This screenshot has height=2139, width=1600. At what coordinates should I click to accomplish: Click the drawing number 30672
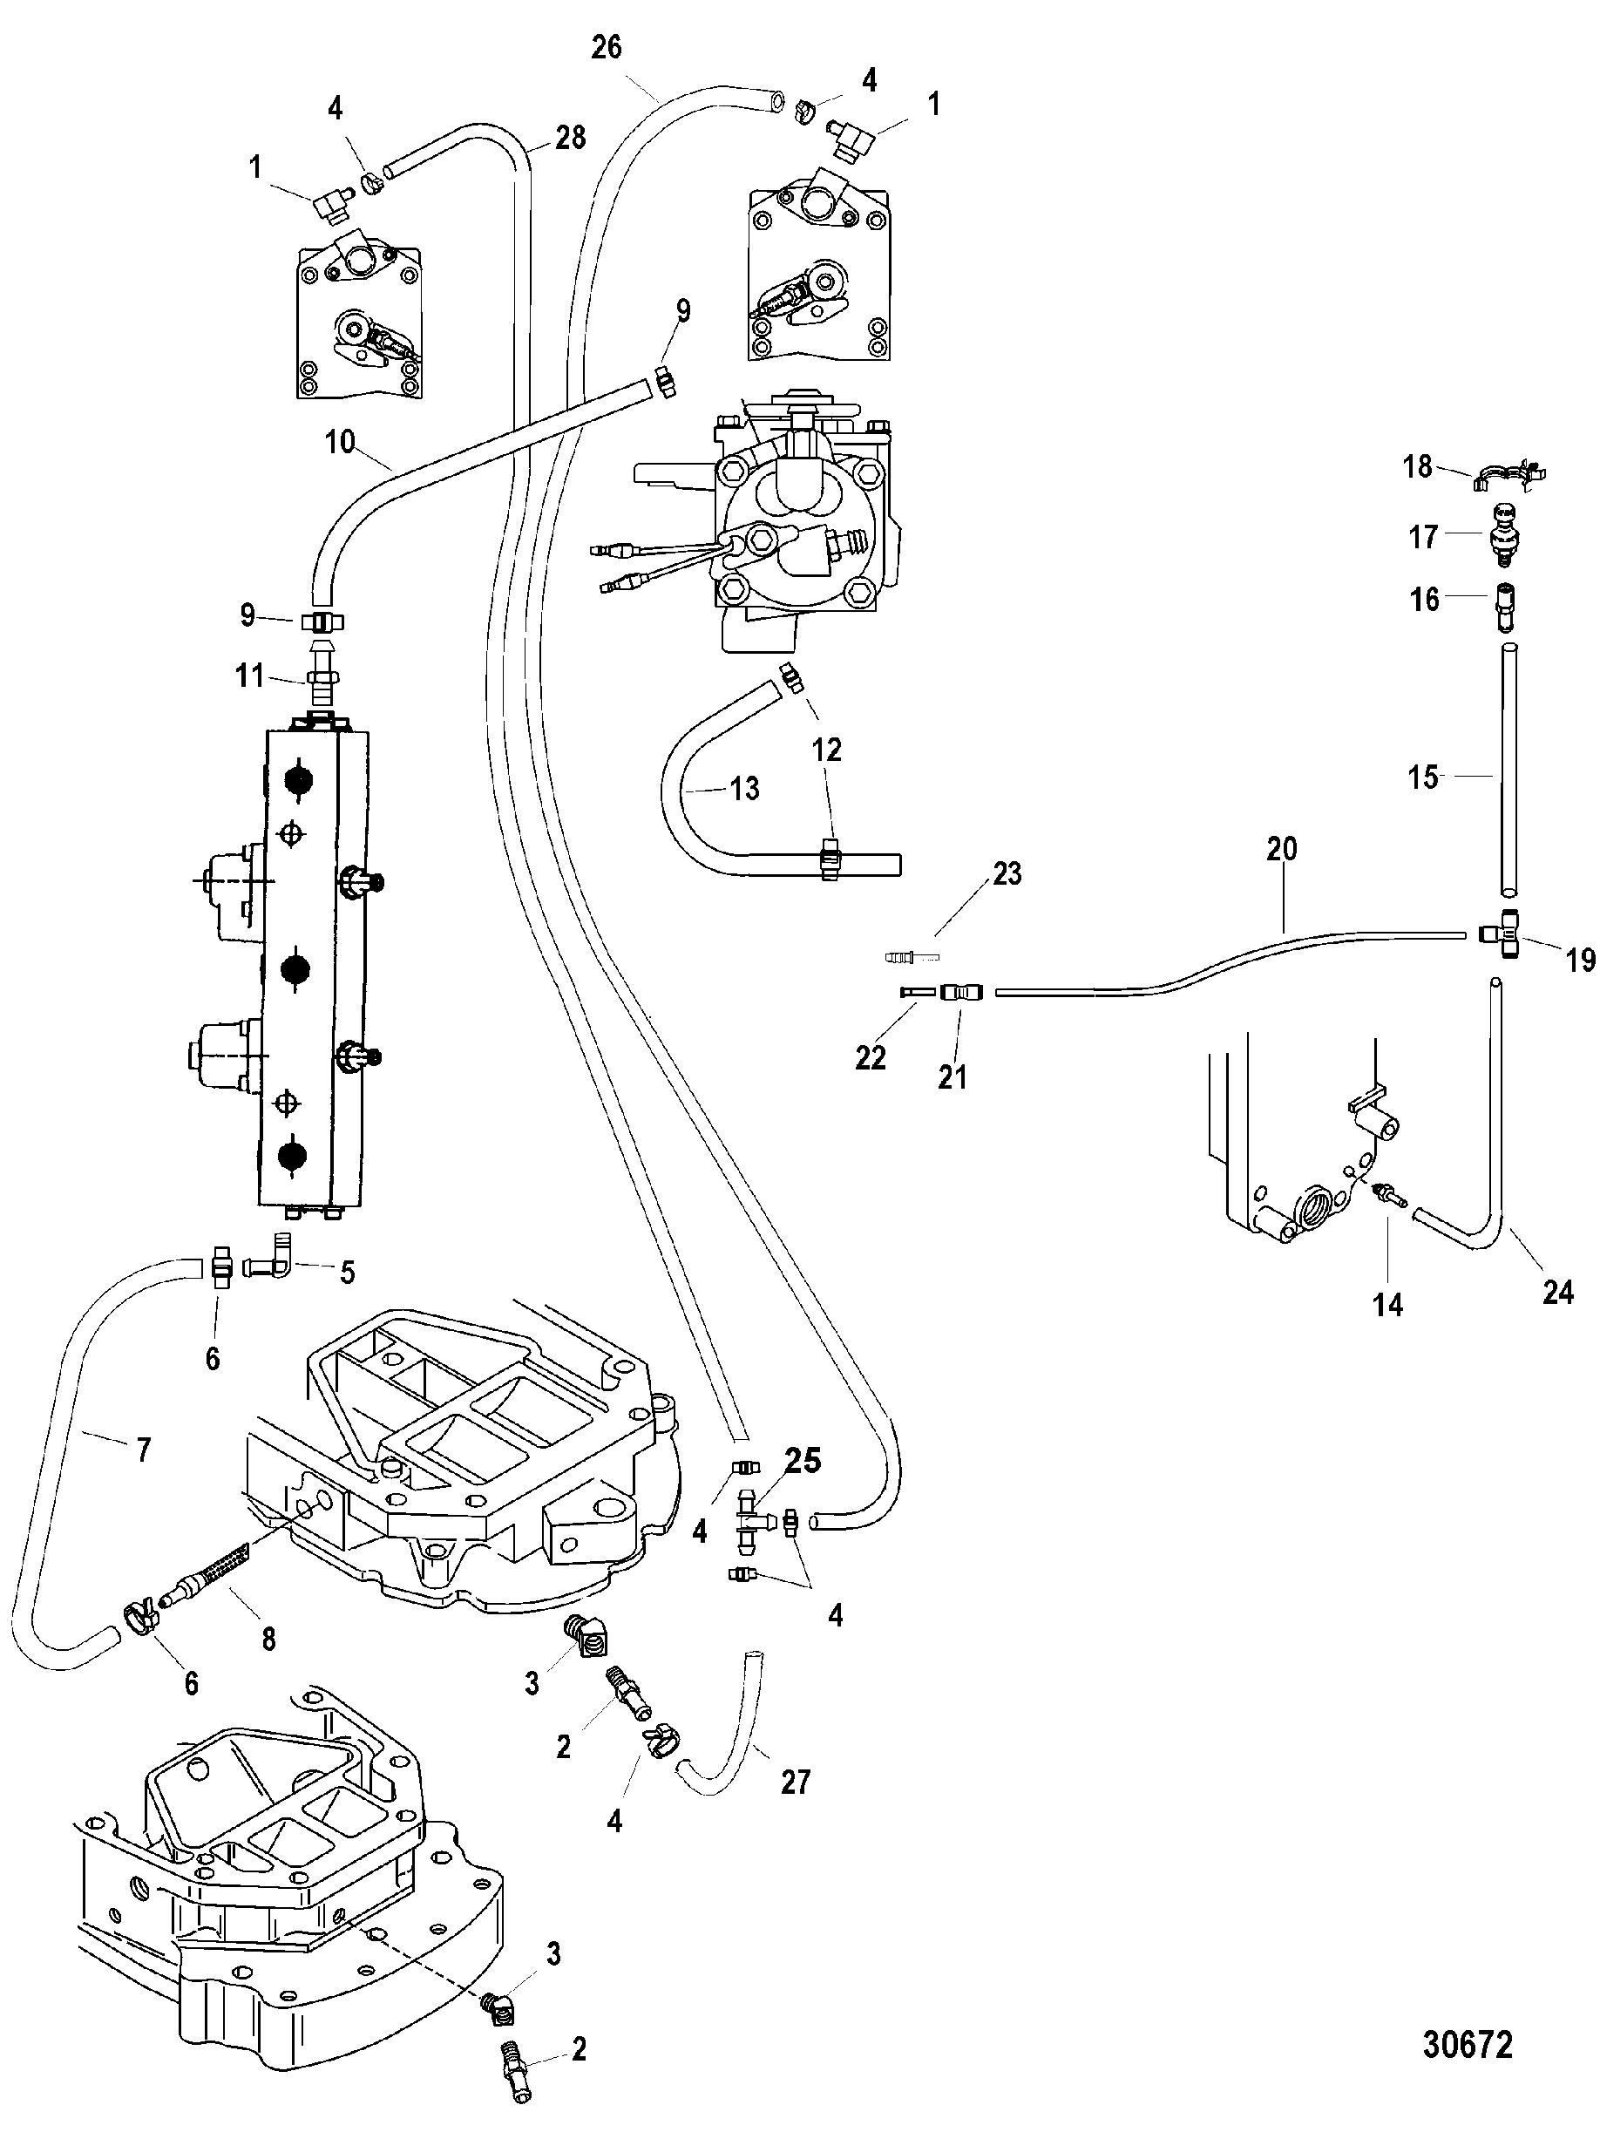[1467, 2043]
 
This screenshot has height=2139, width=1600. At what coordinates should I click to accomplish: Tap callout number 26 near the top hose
[607, 46]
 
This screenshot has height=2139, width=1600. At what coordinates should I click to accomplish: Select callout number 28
[571, 139]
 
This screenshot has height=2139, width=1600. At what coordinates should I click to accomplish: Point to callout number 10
[340, 443]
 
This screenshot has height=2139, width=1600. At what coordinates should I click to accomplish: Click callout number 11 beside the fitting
[250, 675]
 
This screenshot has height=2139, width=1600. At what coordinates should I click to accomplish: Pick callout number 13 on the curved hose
[744, 788]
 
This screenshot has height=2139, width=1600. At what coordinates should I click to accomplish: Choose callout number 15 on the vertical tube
[1423, 777]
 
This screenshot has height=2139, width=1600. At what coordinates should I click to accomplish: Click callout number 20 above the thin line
[1282, 849]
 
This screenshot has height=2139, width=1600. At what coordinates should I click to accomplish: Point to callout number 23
[1007, 873]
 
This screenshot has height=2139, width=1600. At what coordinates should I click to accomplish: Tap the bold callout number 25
[803, 1461]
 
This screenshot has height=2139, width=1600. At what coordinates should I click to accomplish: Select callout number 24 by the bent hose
[1557, 1291]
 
